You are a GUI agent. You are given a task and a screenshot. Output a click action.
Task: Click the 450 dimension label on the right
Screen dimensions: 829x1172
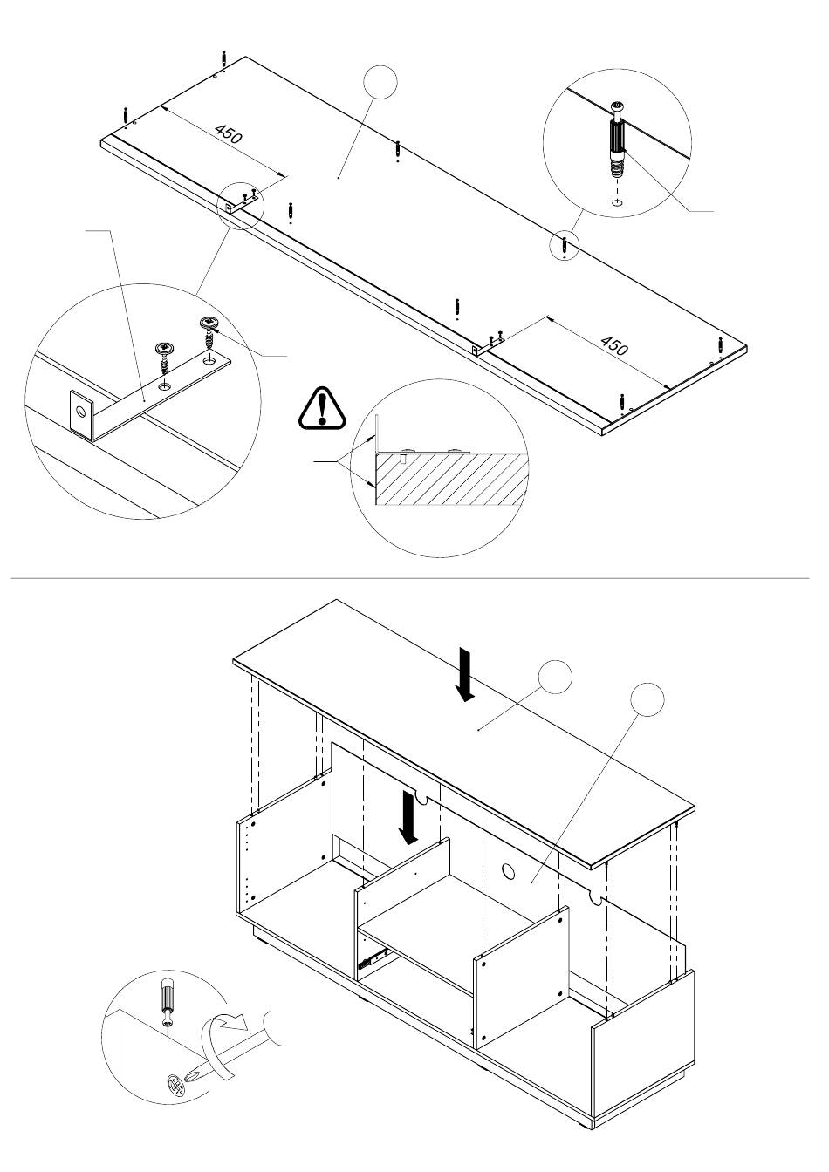coord(614,345)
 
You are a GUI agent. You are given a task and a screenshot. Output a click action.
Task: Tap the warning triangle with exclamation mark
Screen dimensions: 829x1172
coord(323,408)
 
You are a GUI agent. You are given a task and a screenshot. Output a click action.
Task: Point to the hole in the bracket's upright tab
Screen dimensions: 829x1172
coord(85,411)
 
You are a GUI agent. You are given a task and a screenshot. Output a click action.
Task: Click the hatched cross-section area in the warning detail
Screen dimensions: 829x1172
coord(454,477)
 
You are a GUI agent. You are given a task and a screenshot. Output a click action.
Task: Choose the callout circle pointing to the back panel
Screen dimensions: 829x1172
coord(647,699)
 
